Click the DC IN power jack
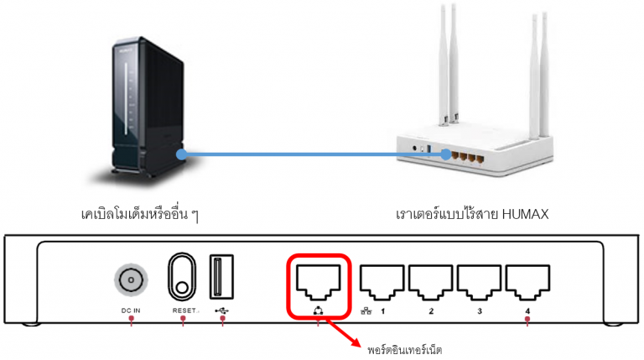click(x=131, y=279)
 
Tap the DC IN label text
click(x=131, y=310)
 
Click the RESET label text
click(x=184, y=310)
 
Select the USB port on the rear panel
click(x=221, y=277)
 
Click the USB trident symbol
click(x=221, y=310)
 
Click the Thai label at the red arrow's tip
click(x=404, y=350)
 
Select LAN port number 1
click(x=382, y=283)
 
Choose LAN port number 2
click(x=430, y=283)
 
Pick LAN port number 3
click(x=479, y=283)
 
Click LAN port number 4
click(x=527, y=283)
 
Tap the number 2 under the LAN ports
click(x=431, y=311)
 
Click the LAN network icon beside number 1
click(x=366, y=311)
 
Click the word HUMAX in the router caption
click(x=525, y=214)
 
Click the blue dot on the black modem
click(x=181, y=154)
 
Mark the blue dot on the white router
click(x=446, y=154)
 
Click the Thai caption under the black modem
click(x=140, y=214)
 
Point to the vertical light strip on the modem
click(x=127, y=96)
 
